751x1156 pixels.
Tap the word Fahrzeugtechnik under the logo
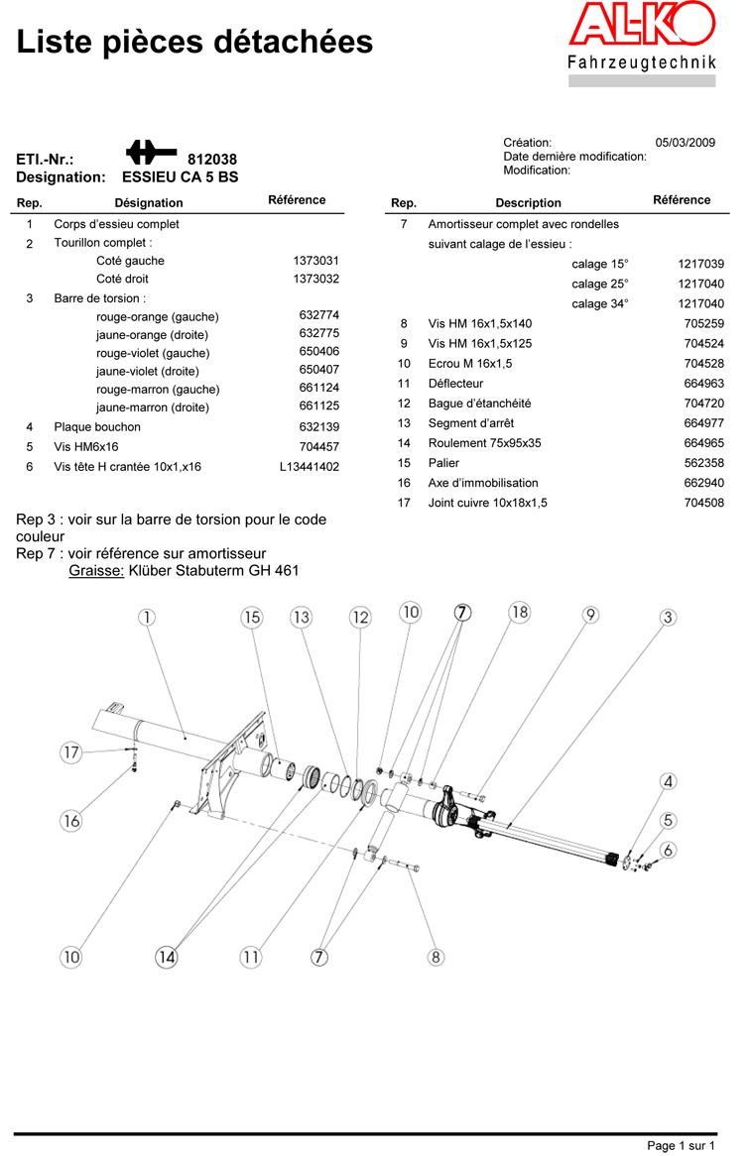coord(641,64)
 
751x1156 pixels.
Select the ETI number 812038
coord(212,159)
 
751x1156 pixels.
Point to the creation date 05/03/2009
coord(686,143)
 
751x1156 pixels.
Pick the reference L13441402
coord(310,466)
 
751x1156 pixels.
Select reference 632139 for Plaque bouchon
coord(319,427)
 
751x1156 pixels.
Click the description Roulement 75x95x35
coord(485,443)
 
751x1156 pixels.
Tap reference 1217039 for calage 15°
coord(701,264)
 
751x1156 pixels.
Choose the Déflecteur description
coord(455,384)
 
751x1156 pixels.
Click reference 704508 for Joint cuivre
coord(704,503)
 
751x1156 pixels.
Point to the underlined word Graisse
coord(96,570)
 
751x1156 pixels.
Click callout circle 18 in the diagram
coord(520,612)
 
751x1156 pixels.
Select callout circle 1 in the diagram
coord(147,617)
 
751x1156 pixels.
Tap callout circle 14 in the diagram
coord(166,957)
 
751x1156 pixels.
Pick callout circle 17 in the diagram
coord(70,752)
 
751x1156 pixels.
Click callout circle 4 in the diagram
coord(669,782)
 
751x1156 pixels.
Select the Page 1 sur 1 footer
coord(681,1146)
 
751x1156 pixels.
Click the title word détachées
coord(299,42)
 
